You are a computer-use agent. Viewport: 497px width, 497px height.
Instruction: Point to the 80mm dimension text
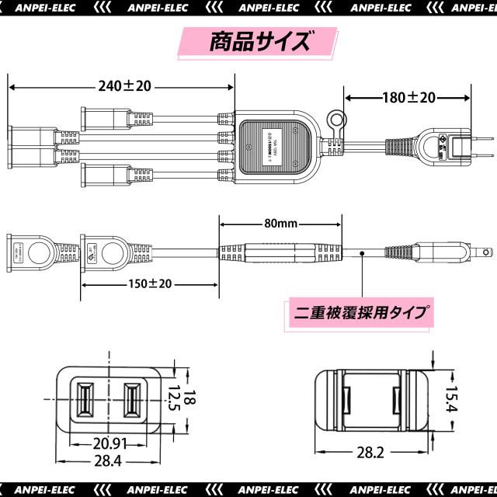click(280, 223)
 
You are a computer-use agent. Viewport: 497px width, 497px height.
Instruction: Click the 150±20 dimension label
click(150, 283)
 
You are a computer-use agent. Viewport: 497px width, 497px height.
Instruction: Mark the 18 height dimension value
click(192, 398)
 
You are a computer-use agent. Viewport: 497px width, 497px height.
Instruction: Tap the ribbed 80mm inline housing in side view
click(280, 253)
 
